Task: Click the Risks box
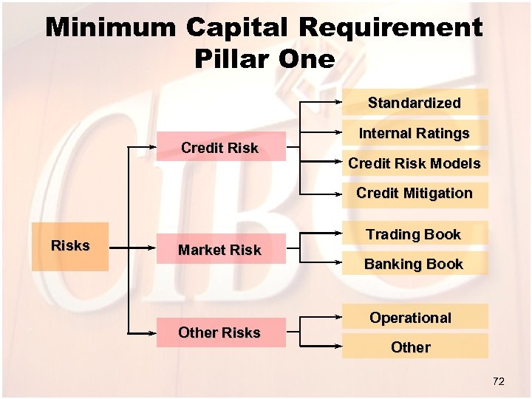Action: coord(70,246)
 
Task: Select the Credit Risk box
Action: coord(220,148)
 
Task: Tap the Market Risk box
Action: coord(220,250)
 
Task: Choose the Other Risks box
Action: coord(220,332)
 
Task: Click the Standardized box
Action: coord(415,103)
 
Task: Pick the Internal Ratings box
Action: coord(415,134)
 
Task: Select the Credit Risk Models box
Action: coord(415,163)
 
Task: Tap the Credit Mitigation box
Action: coord(415,194)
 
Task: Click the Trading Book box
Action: coord(415,234)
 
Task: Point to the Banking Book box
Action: coord(415,264)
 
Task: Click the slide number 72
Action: coord(498,381)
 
